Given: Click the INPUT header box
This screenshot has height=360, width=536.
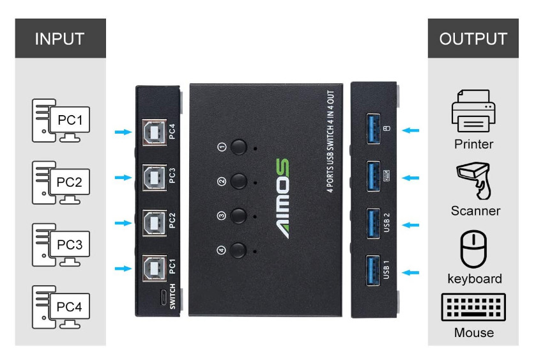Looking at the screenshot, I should tap(60, 38).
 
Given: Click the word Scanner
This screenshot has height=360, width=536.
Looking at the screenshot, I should tap(475, 211).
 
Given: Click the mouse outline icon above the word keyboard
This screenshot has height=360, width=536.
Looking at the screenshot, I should tap(474, 249).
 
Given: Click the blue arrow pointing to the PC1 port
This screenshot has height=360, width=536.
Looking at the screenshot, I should tap(122, 269).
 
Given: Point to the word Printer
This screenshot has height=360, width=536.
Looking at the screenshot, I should tap(473, 145).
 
